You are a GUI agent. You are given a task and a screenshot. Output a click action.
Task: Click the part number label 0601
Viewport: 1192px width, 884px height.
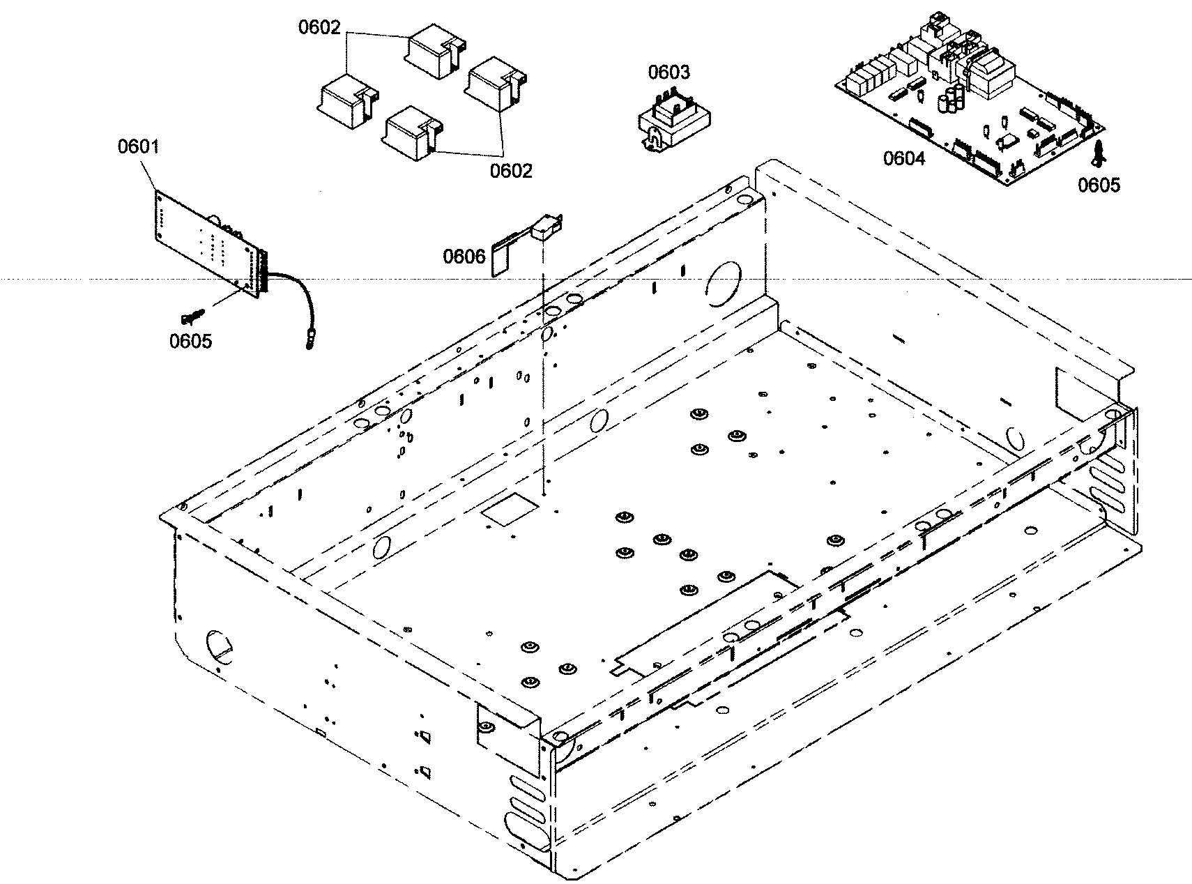click(138, 147)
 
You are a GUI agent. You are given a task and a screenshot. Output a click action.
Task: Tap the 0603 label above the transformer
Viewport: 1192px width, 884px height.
click(668, 73)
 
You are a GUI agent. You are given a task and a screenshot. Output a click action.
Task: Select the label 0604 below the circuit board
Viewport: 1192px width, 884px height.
click(904, 158)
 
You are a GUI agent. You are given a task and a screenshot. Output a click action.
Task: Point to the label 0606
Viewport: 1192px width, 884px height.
click(464, 257)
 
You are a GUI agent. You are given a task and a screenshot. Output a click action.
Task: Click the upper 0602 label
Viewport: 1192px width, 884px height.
click(319, 28)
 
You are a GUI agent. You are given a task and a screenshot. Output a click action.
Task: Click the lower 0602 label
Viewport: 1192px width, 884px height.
click(510, 171)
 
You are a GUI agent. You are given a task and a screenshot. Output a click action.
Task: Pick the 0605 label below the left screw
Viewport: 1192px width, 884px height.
click(190, 341)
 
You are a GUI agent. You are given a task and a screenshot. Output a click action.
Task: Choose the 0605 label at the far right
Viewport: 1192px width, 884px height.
click(1099, 185)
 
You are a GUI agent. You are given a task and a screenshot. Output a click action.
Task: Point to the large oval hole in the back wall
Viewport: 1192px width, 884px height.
click(721, 284)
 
